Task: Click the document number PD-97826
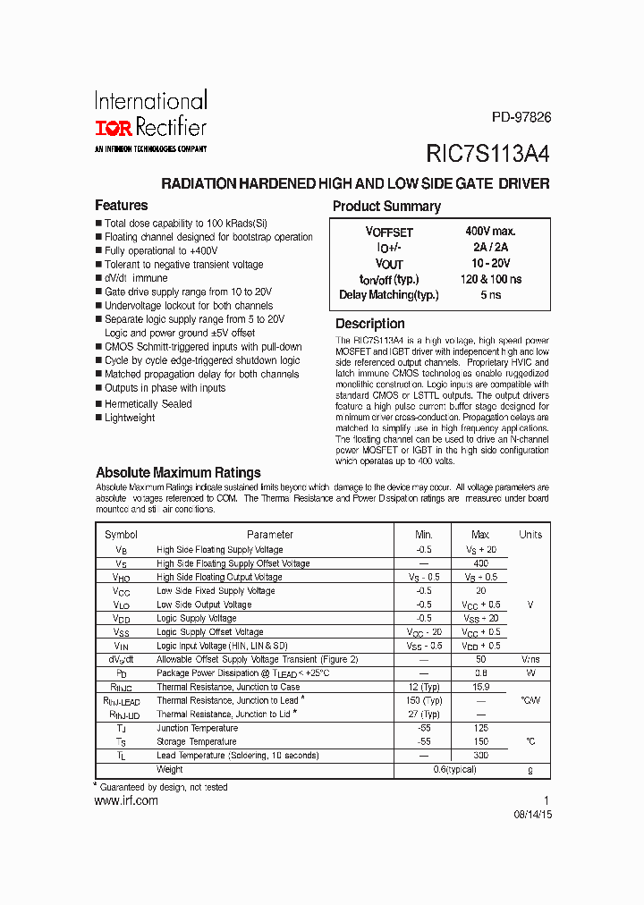pyautogui.click(x=521, y=117)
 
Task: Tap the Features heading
pyautogui.click(x=122, y=206)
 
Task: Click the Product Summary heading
pyautogui.click(x=386, y=207)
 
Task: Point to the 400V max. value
pyautogui.click(x=490, y=231)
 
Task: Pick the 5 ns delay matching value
pyautogui.click(x=490, y=294)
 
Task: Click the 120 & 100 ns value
pyautogui.click(x=490, y=279)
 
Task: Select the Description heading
pyautogui.click(x=369, y=324)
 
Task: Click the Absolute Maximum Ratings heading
pyautogui.click(x=178, y=472)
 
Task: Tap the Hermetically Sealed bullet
pyautogui.click(x=148, y=404)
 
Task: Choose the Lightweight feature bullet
pyautogui.click(x=130, y=418)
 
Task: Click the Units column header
pyautogui.click(x=530, y=535)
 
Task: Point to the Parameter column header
pyautogui.click(x=270, y=535)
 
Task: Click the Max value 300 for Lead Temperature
pyautogui.click(x=480, y=756)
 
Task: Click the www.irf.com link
pyautogui.click(x=126, y=801)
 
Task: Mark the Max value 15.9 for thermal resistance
pyautogui.click(x=480, y=687)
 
